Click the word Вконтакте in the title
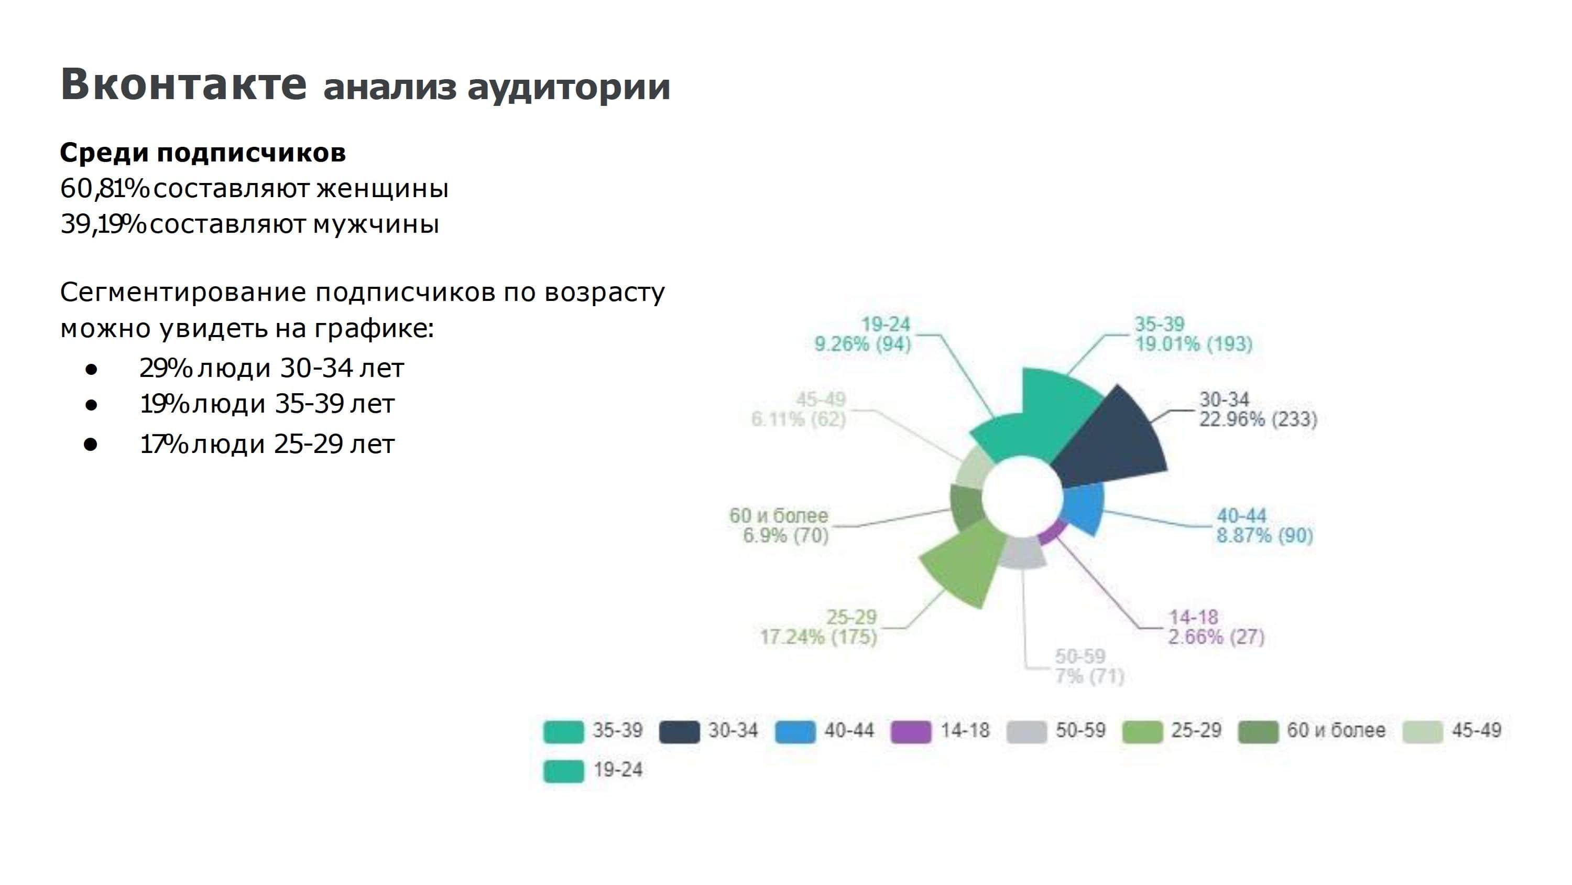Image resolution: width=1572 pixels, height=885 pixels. pyautogui.click(x=183, y=84)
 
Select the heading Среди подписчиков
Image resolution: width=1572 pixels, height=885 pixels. pyautogui.click(x=203, y=153)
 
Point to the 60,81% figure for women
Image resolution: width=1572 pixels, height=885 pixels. pyautogui.click(x=104, y=188)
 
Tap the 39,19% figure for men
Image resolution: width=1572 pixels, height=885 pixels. pyautogui.click(x=103, y=224)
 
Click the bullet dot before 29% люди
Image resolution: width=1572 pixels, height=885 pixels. pyautogui.click(x=92, y=369)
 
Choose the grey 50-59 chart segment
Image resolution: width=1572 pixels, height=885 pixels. pyautogui.click(x=1023, y=553)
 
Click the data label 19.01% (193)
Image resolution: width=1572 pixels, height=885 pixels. pyautogui.click(x=1193, y=344)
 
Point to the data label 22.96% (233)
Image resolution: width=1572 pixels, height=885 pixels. pyautogui.click(x=1258, y=419)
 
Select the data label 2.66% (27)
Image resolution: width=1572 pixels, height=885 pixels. pyautogui.click(x=1216, y=637)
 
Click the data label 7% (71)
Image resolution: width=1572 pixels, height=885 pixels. pyautogui.click(x=1089, y=676)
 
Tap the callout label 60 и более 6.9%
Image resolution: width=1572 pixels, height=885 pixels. pyautogui.click(x=779, y=525)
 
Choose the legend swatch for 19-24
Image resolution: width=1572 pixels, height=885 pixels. pyautogui.click(x=563, y=771)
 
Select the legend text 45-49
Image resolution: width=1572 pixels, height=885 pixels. pyautogui.click(x=1476, y=730)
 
